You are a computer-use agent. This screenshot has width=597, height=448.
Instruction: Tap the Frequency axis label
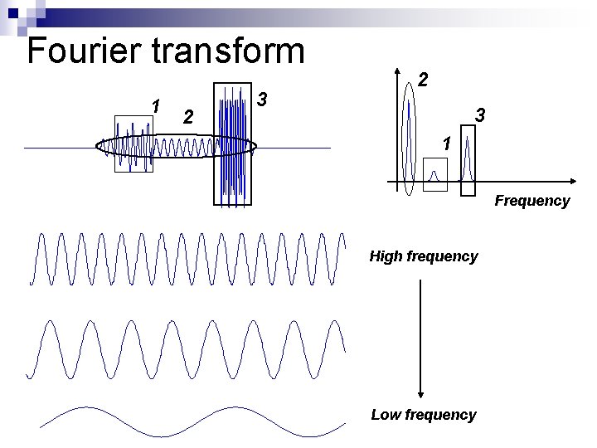tap(532, 201)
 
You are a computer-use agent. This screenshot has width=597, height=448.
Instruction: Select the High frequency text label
tap(423, 256)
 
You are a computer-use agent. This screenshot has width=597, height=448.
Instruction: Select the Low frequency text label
tap(423, 415)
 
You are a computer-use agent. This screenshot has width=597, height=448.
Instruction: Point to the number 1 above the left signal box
tap(155, 105)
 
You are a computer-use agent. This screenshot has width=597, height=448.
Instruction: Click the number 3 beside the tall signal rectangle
tap(262, 100)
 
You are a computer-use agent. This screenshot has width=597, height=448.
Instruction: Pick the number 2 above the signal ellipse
tap(188, 118)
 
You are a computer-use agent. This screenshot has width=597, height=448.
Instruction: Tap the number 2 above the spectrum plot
tap(423, 80)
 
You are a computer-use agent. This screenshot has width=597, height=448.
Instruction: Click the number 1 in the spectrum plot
tap(446, 144)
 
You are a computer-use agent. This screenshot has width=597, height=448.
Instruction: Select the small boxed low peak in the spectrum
tap(434, 174)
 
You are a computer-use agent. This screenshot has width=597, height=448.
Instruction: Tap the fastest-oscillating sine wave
tap(187, 259)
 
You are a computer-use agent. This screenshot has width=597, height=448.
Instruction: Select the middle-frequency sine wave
tap(187, 348)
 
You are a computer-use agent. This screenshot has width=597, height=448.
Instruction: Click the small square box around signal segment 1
tap(133, 143)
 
